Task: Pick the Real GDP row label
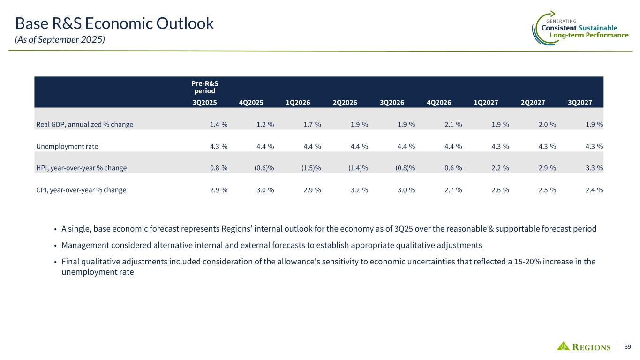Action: (x=84, y=125)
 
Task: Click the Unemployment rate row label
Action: (x=67, y=146)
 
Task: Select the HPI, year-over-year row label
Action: (x=81, y=168)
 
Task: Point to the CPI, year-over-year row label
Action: (x=81, y=190)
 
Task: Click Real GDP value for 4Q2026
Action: (x=453, y=125)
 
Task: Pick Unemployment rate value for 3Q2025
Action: (x=218, y=146)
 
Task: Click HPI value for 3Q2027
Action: (x=594, y=168)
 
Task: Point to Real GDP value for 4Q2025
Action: (x=265, y=125)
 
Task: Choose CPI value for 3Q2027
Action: (x=594, y=190)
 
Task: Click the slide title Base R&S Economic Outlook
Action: (x=114, y=23)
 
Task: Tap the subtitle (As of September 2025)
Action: (x=60, y=40)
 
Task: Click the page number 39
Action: (x=627, y=347)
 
